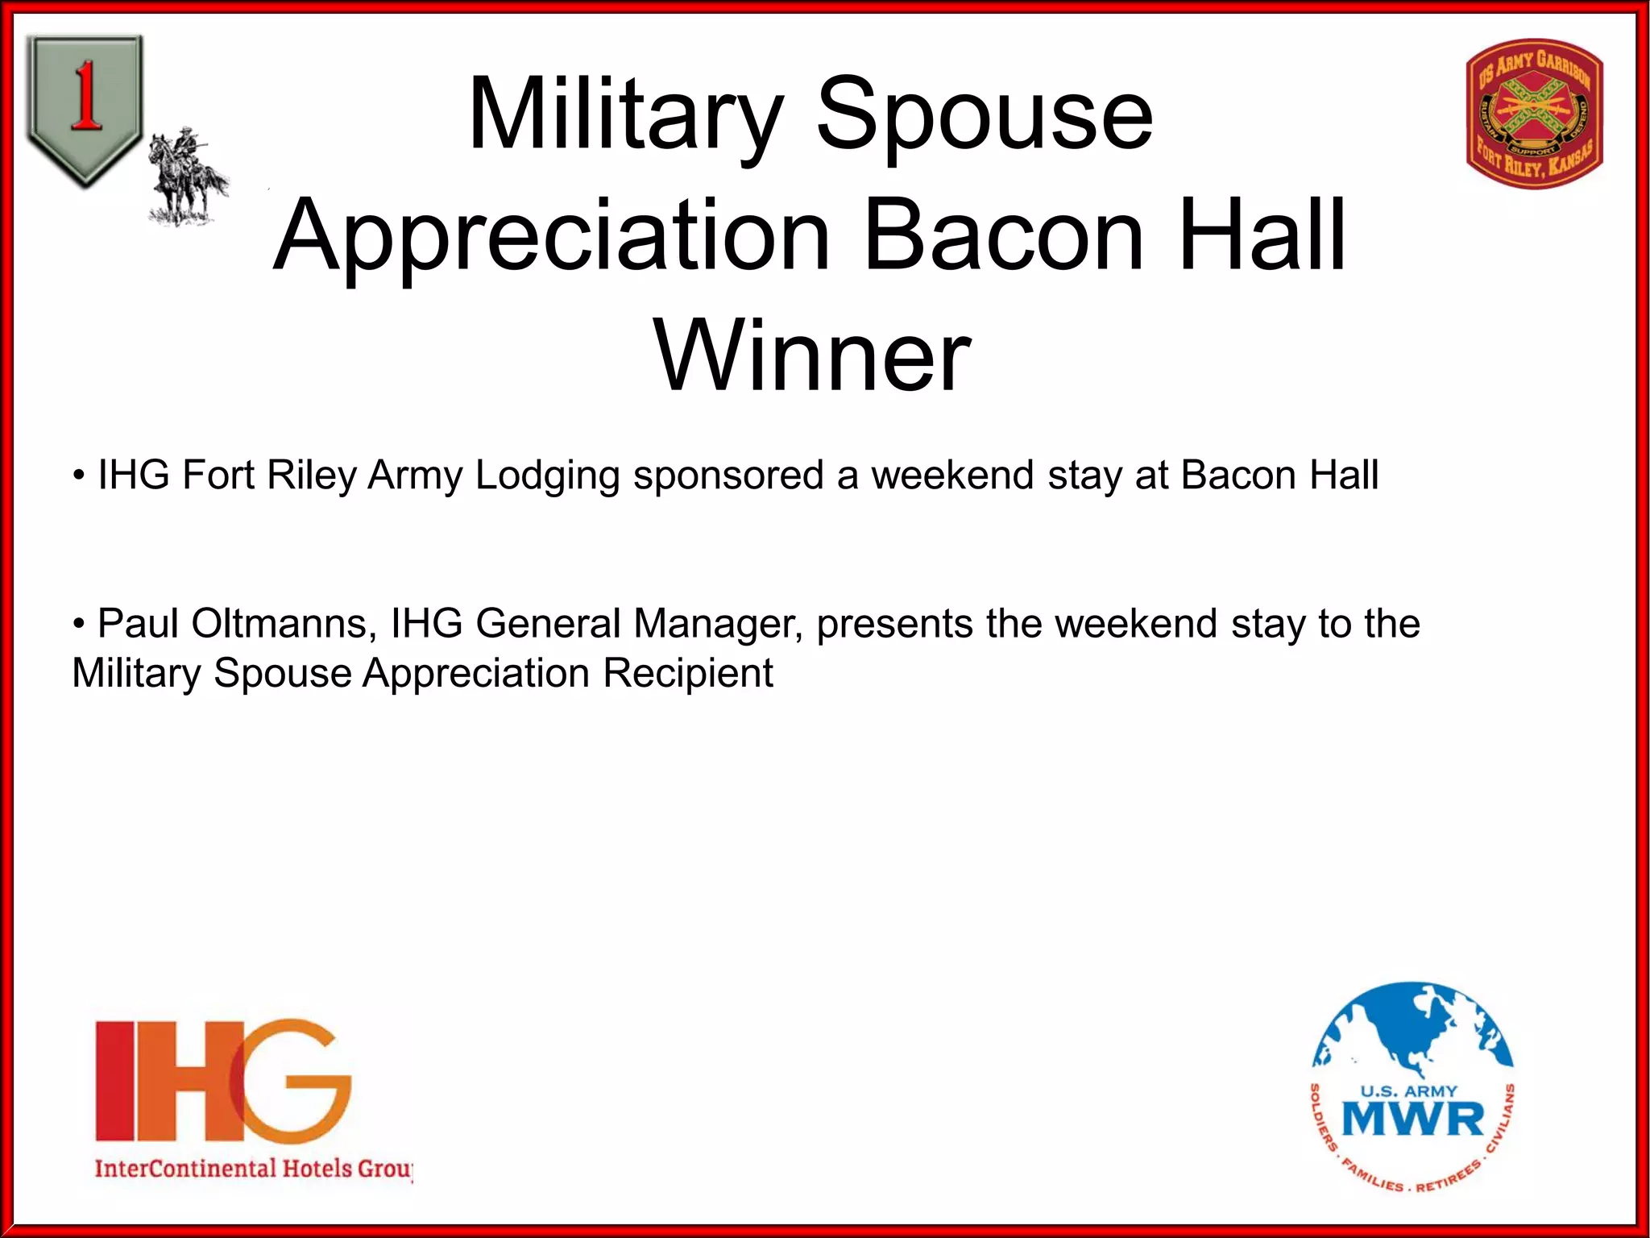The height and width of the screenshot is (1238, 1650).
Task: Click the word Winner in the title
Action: coord(812,356)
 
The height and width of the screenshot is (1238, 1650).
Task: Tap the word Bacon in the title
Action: coord(1004,235)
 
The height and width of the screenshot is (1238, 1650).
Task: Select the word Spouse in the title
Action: coord(985,114)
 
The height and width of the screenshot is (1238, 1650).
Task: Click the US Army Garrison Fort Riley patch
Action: coord(1535,113)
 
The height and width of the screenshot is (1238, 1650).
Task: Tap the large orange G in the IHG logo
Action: coord(290,1080)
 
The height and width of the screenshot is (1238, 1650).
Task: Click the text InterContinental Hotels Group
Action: coord(253,1168)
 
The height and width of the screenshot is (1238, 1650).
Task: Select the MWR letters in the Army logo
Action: coord(1413,1120)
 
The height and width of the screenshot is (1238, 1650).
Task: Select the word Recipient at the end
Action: coord(688,673)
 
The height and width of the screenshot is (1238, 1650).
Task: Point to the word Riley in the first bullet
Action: coord(311,476)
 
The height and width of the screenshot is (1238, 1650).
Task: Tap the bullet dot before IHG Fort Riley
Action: coord(79,476)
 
